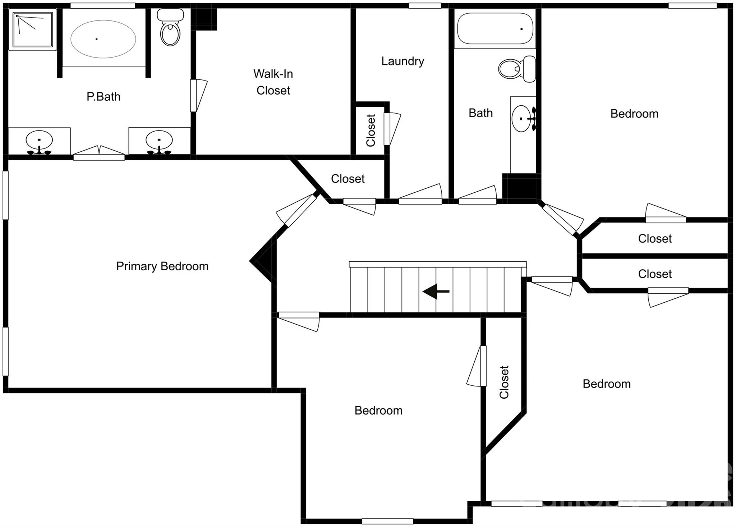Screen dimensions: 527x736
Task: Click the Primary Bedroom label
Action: [162, 266]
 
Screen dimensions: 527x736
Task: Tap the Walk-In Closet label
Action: [273, 82]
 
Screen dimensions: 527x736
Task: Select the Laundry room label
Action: [402, 61]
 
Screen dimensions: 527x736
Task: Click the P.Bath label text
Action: [103, 97]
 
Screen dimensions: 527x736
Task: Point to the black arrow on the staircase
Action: [436, 291]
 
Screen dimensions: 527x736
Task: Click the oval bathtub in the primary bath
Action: [103, 39]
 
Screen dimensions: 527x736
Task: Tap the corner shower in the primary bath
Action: [33, 29]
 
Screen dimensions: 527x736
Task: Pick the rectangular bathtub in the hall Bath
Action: [495, 29]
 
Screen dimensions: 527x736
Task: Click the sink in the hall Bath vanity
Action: [522, 119]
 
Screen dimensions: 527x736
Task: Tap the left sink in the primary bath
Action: [39, 141]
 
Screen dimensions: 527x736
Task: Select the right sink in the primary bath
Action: [159, 141]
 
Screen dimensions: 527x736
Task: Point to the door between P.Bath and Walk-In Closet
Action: [194, 95]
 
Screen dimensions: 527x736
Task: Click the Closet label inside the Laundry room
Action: [371, 130]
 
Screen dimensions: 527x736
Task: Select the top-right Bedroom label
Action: [634, 114]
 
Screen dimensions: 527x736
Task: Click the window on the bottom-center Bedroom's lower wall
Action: [387, 521]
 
